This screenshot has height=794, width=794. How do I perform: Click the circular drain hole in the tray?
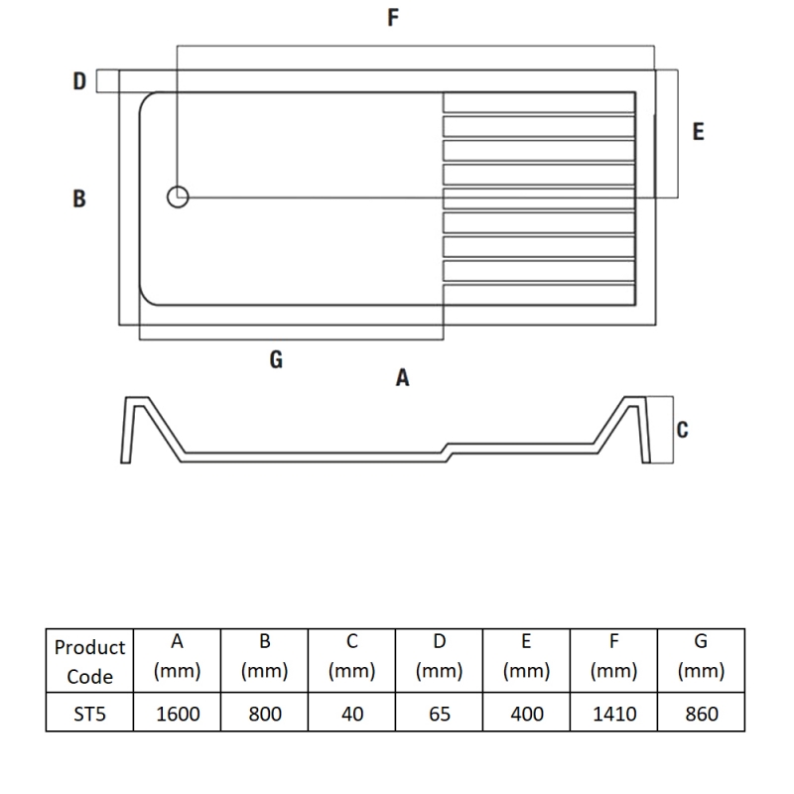click(x=178, y=198)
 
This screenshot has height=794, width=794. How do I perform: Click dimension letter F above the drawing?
click(x=394, y=18)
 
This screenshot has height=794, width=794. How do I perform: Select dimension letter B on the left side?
click(x=79, y=198)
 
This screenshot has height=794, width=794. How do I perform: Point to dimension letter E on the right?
click(x=698, y=131)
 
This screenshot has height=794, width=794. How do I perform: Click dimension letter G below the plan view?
click(x=276, y=360)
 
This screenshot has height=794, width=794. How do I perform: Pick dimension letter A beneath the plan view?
click(x=402, y=378)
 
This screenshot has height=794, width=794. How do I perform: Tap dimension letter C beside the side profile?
click(x=682, y=430)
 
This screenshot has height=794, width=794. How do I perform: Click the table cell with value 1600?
click(x=177, y=714)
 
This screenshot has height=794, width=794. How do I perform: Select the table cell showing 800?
click(x=265, y=714)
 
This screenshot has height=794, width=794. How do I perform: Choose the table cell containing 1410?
click(x=613, y=714)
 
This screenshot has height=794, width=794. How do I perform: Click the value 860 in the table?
click(x=701, y=714)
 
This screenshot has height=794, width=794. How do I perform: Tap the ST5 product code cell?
click(x=89, y=714)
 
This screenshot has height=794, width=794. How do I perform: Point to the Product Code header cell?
click(x=89, y=662)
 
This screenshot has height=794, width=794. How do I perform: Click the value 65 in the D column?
click(x=439, y=714)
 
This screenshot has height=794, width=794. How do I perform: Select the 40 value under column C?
click(x=351, y=714)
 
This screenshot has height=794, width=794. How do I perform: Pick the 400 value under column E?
click(x=526, y=714)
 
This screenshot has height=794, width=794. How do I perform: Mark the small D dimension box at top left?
click(x=107, y=81)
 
